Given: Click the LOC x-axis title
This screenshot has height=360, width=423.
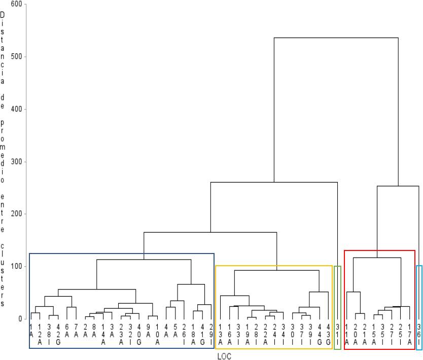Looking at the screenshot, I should pyautogui.click(x=224, y=356).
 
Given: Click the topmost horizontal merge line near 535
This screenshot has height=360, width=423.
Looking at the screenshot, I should pyautogui.click(x=336, y=38).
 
